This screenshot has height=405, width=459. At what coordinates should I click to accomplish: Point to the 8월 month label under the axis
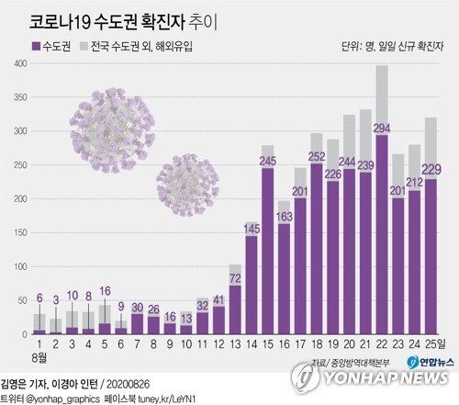pyautogui.click(x=38, y=356)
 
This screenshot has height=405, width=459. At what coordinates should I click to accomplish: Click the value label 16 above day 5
pyautogui.click(x=105, y=291)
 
